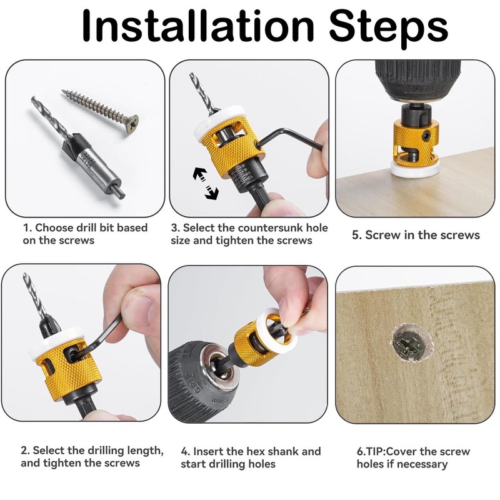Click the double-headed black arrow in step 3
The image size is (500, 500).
pyautogui.click(x=206, y=183)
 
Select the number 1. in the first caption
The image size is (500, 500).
pyautogui.click(x=27, y=227)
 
